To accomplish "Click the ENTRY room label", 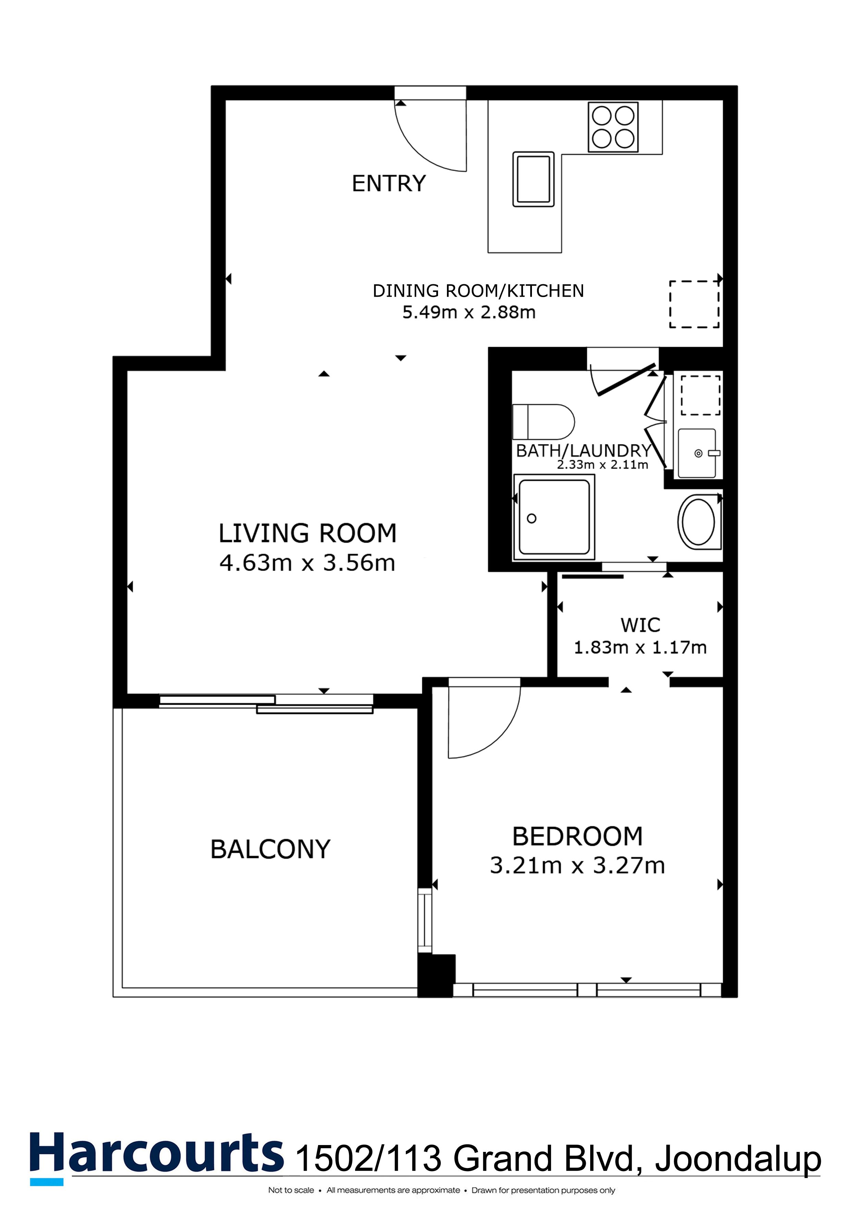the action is coord(389,183).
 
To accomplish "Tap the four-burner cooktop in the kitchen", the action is coord(613,127).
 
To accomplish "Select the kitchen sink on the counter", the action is coord(533,179).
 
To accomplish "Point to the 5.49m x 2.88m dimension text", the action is coord(469,312).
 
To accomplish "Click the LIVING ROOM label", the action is coord(307,533).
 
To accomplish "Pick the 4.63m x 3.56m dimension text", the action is coord(307,562).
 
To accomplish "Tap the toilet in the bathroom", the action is coord(544,422).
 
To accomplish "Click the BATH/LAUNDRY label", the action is coord(583,451).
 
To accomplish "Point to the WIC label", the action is coord(640,625).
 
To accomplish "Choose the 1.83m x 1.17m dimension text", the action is coord(640,647).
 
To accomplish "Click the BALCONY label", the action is coord(270,849).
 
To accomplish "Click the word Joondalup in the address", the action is coord(738,1159).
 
